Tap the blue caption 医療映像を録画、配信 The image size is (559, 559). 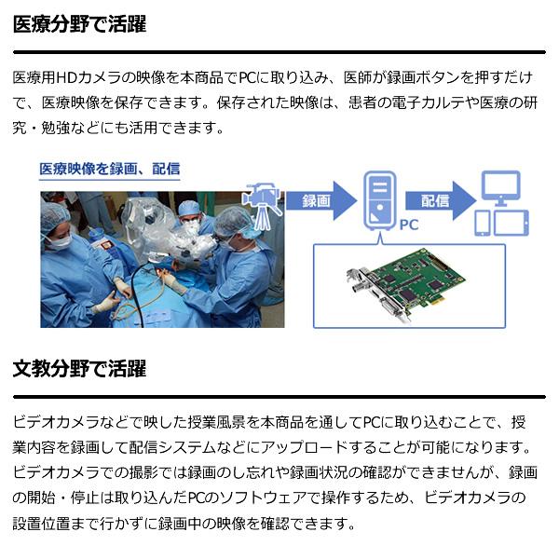click(109, 170)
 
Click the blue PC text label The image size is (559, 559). click(409, 225)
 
